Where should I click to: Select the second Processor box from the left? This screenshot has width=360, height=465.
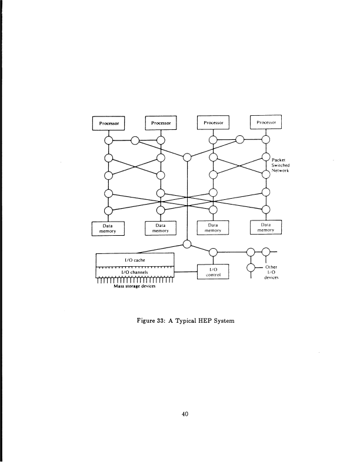pyautogui.click(x=161, y=123)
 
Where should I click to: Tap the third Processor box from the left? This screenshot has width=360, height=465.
pyautogui.click(x=214, y=123)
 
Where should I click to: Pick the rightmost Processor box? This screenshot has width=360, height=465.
pyautogui.click(x=266, y=122)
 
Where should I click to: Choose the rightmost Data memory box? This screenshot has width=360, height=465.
pyautogui.click(x=266, y=228)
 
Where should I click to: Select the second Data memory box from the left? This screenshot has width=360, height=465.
pyautogui.click(x=161, y=228)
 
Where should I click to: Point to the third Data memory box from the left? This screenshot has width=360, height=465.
pyautogui.click(x=214, y=228)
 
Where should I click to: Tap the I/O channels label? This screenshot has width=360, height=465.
pyautogui.click(x=135, y=272)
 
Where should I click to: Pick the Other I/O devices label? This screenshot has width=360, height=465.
pyautogui.click(x=271, y=272)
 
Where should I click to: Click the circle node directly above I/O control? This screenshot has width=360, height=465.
pyautogui.click(x=214, y=253)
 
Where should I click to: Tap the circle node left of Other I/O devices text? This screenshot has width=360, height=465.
pyautogui.click(x=252, y=267)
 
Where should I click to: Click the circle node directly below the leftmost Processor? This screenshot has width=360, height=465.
pyautogui.click(x=108, y=140)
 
